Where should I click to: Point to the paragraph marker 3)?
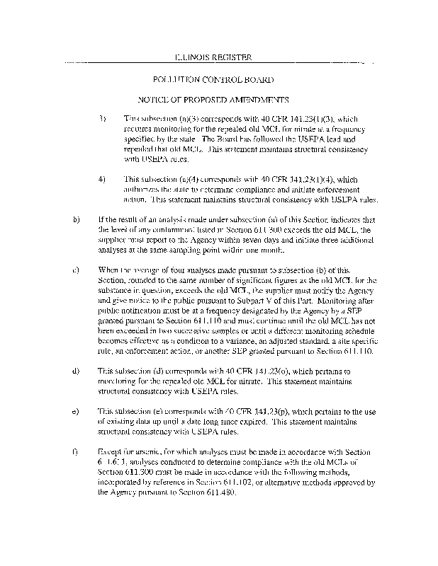(101, 117)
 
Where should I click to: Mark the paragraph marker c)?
(76, 270)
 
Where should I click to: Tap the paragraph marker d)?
(76, 370)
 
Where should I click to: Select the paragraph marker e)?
(76, 410)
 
